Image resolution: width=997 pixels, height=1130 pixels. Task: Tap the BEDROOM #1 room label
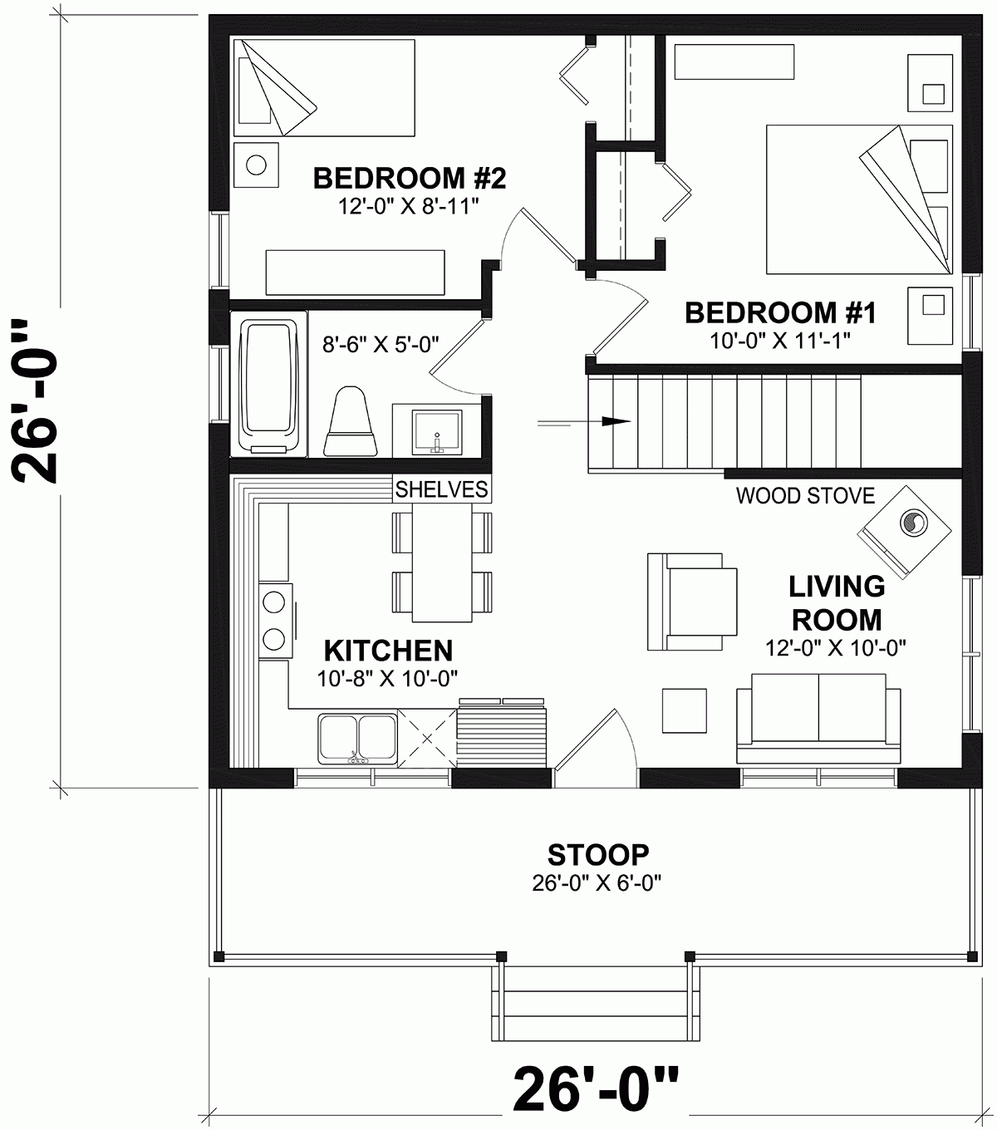pyautogui.click(x=780, y=313)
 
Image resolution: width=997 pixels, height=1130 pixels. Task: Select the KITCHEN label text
pyautogui.click(x=387, y=650)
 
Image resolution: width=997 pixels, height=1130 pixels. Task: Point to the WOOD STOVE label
pyautogui.click(x=805, y=496)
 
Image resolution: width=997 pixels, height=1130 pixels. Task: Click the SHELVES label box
pyautogui.click(x=441, y=489)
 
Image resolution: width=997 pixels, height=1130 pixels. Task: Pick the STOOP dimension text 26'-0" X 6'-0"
pyautogui.click(x=597, y=882)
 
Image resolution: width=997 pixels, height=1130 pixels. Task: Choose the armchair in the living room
pyautogui.click(x=691, y=602)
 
